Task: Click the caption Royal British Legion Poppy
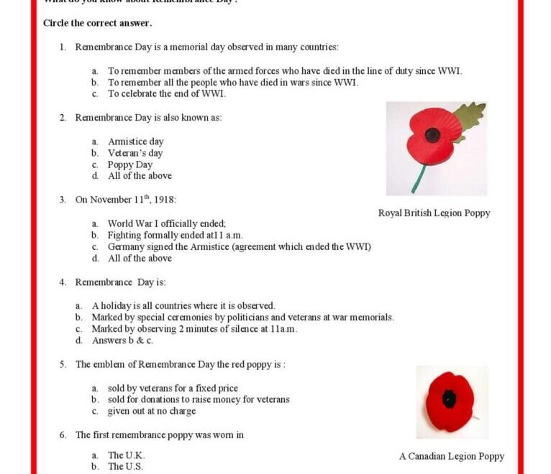(x=434, y=213)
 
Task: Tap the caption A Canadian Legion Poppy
(x=452, y=456)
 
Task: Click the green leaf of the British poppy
(x=468, y=116)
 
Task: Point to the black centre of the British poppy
(x=432, y=134)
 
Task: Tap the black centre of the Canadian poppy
(x=450, y=398)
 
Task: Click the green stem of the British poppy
(x=418, y=178)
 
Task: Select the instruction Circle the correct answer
(x=97, y=23)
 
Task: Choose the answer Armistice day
(x=135, y=141)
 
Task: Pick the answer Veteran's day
(x=135, y=153)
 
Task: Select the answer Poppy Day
(x=130, y=164)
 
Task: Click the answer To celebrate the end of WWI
(x=166, y=93)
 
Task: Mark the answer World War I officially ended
(x=166, y=223)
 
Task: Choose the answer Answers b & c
(x=122, y=340)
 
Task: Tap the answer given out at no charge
(x=151, y=411)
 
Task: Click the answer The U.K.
(x=126, y=455)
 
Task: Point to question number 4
(x=63, y=282)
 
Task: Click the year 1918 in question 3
(x=165, y=200)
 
